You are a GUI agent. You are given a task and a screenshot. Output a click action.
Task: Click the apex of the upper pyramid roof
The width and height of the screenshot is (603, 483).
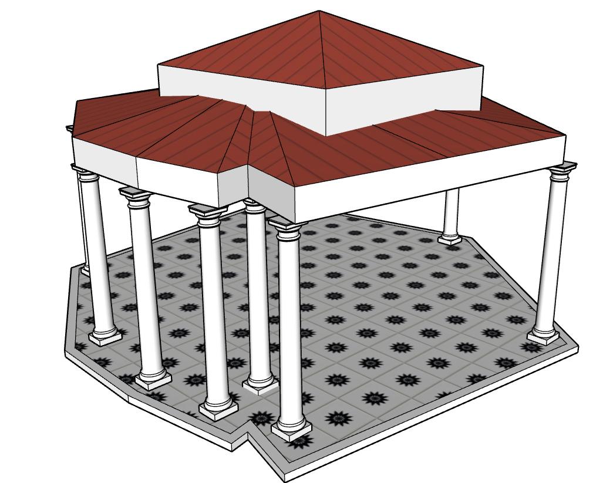pos(319,11)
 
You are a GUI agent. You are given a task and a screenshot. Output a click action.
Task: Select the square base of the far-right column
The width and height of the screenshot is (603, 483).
pos(543,336)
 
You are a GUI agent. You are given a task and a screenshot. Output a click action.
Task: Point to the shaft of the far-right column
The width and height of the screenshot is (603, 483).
pos(553,252)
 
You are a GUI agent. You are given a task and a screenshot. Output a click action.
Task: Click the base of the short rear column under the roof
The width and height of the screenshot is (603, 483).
pos(450,239)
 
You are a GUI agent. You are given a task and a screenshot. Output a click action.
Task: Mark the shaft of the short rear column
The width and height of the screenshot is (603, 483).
pos(451,211)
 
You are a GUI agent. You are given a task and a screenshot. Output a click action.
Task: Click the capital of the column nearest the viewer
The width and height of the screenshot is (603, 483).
pos(286,225)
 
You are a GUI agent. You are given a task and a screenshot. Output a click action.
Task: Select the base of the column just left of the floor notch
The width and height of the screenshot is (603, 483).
pos(219,408)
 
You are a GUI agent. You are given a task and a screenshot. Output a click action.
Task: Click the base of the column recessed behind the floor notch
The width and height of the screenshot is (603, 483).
pos(260,384)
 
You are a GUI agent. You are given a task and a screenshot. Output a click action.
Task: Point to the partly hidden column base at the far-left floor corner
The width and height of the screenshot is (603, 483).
pos(86,271)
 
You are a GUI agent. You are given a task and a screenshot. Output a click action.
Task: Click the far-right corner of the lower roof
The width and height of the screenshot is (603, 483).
pos(566,136)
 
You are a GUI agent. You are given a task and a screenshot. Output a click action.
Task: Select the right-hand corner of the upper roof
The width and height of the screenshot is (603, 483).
pos(483,65)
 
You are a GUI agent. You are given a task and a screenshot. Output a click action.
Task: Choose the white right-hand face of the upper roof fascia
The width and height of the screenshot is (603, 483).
pos(405,100)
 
